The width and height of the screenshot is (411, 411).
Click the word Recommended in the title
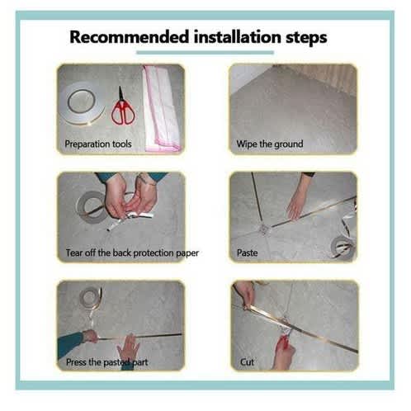point(130,37)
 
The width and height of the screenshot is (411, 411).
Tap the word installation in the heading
point(237,37)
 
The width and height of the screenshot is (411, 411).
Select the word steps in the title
point(306,38)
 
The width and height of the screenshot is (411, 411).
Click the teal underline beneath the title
point(205,53)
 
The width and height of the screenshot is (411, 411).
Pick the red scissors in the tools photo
point(123,107)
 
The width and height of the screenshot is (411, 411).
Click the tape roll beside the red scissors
point(83,103)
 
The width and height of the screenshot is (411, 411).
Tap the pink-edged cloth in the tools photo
point(162,108)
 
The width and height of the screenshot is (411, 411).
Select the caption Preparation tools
point(98,144)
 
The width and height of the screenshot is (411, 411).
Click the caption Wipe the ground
point(270,144)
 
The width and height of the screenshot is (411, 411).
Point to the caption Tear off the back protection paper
point(132,253)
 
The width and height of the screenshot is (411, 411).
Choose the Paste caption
point(248,253)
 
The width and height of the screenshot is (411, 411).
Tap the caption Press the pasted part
point(107,362)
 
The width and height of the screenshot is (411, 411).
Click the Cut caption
point(247,362)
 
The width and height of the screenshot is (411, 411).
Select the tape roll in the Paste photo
point(344,247)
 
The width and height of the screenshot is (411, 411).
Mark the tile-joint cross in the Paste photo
point(263,229)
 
